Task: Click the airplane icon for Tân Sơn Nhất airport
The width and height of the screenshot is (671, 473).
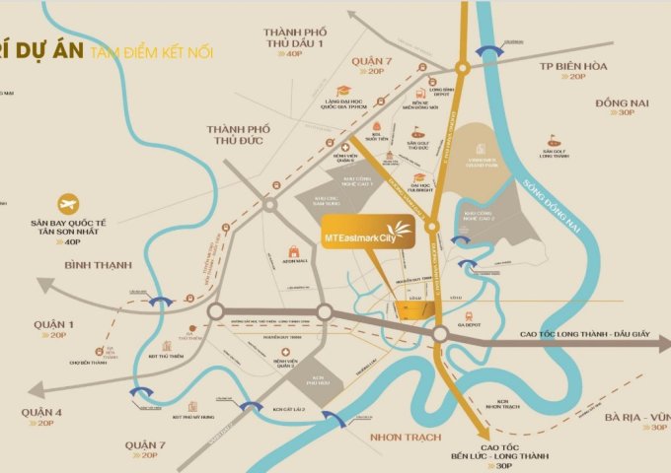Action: (x=68, y=204)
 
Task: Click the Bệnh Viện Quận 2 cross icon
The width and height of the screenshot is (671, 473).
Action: (x=285, y=352)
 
